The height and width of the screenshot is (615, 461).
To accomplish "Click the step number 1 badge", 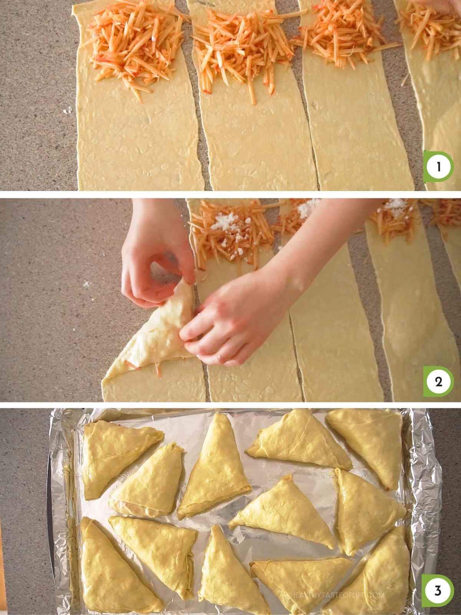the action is coord(438,167).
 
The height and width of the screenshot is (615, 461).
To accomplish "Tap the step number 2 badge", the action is coord(438,382).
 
